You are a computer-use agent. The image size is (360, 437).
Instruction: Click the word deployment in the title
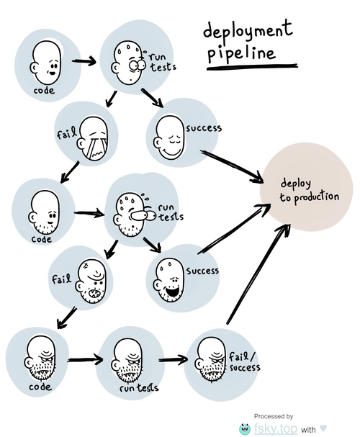pos(248,30)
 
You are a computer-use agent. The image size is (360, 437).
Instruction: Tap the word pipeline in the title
pos(241,53)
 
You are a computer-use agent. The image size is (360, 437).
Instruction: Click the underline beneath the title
pos(252,67)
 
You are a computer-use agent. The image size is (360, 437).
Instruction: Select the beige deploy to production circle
pos(306,187)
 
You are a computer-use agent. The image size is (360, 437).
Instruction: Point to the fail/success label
pos(244,361)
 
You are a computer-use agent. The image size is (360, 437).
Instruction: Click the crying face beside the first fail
pos(93,138)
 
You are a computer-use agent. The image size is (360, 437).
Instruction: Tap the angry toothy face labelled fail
pos(91,282)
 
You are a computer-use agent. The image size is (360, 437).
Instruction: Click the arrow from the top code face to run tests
pos(84,61)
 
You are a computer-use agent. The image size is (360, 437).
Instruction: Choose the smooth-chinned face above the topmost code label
pos(45,62)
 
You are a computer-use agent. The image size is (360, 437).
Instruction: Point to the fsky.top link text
pos(275,428)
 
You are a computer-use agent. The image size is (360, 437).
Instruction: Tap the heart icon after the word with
pos(323,428)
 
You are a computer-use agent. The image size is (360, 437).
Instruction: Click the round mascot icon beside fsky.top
pos(245,429)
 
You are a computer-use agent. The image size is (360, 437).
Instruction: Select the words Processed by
pos(274,416)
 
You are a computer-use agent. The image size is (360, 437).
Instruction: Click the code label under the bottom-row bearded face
pos(40,387)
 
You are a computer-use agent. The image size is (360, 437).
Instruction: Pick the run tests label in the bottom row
pos(139,387)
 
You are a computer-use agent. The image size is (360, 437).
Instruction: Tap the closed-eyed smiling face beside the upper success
pos(168,138)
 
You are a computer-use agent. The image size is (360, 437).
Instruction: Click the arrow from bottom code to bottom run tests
pos(85,360)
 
